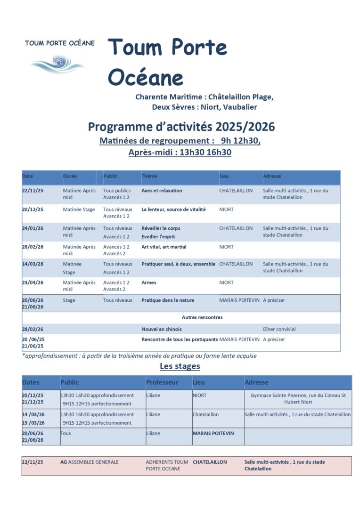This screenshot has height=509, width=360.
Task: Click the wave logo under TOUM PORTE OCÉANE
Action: pyautogui.click(x=57, y=63)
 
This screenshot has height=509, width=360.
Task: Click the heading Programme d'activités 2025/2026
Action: pyautogui.click(x=181, y=127)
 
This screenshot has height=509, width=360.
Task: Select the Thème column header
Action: pyautogui.click(x=149, y=176)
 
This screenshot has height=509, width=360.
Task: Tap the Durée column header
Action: pyautogui.click(x=70, y=176)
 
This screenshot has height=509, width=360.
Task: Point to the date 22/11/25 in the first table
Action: pyautogui.click(x=33, y=191)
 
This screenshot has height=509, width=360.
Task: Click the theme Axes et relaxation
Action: pyautogui.click(x=162, y=191)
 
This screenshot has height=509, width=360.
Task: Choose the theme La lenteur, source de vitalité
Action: pyautogui.click(x=173, y=210)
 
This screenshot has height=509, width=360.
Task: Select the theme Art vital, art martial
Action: pyautogui.click(x=164, y=247)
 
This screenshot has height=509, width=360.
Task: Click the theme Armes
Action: pyautogui.click(x=149, y=283)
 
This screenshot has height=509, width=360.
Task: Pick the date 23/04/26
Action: pyautogui.click(x=33, y=283)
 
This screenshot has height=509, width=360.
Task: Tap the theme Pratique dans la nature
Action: pyautogui.click(x=167, y=300)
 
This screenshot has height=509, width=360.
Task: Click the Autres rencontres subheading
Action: pyautogui.click(x=202, y=317)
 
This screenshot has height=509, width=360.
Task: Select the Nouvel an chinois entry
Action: pyautogui.click(x=161, y=329)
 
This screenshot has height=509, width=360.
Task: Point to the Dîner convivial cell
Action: pyautogui.click(x=279, y=329)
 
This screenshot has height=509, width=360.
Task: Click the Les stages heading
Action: pyautogui.click(x=180, y=366)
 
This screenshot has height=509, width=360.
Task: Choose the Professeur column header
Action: pyautogui.click(x=162, y=382)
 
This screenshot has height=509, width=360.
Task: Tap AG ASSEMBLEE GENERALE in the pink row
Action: pyautogui.click(x=89, y=462)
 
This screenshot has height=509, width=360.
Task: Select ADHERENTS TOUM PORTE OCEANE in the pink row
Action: pyautogui.click(x=167, y=465)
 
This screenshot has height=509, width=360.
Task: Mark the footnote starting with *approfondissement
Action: pyautogui.click(x=139, y=356)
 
